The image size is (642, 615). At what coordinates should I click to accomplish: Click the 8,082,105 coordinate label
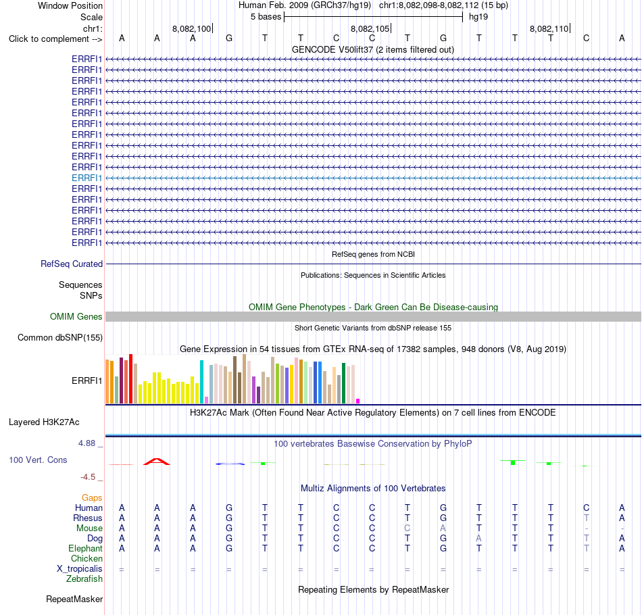pos(370,28)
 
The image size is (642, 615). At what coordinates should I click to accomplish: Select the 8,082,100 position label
pos(192,28)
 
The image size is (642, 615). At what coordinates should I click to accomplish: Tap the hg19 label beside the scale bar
pos(478,17)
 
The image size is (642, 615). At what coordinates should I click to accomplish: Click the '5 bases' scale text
pos(266,17)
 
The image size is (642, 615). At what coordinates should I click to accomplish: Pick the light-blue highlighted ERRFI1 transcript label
pos(87,178)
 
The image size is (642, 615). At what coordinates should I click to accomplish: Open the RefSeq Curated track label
pos(72,264)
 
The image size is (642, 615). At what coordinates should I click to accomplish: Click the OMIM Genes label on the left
pos(76,316)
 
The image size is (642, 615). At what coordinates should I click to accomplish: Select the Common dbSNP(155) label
pos(60,337)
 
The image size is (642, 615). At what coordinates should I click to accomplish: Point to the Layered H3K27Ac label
pos(44,422)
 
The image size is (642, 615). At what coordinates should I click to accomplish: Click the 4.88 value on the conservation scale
pos(87,443)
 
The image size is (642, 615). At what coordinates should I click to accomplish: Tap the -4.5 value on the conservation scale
pos(88,477)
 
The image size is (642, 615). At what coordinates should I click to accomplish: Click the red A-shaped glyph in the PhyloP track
pos(156,462)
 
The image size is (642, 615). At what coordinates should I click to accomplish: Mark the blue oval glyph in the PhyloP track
pos(230,464)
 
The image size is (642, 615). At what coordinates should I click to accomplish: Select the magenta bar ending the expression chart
pos(358,401)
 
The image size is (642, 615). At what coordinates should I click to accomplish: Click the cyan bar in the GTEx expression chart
pos(201,382)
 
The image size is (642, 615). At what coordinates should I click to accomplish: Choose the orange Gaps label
pos(92,497)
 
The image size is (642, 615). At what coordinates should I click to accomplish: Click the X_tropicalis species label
pos(80,569)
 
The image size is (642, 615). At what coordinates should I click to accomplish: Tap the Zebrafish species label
pos(84,579)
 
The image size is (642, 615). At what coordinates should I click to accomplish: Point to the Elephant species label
pos(86,548)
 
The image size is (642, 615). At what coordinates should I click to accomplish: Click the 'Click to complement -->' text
pos(55,39)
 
